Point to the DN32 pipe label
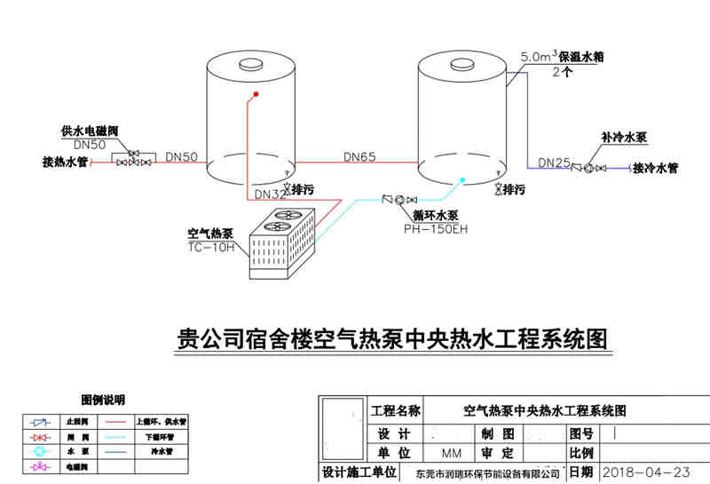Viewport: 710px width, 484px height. click(270, 194)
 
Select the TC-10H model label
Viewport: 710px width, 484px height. click(211, 247)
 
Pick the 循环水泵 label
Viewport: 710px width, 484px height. click(435, 215)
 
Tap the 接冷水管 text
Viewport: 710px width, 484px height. click(654, 168)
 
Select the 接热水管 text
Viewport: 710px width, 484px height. click(65, 163)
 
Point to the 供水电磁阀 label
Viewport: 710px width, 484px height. click(89, 131)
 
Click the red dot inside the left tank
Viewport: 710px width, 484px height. click(256, 93)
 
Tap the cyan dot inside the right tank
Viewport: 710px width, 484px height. click(462, 180)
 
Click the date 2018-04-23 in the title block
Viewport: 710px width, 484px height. click(646, 472)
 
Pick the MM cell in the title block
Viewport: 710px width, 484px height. click(452, 453)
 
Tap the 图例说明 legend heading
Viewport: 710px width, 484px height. click(104, 400)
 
